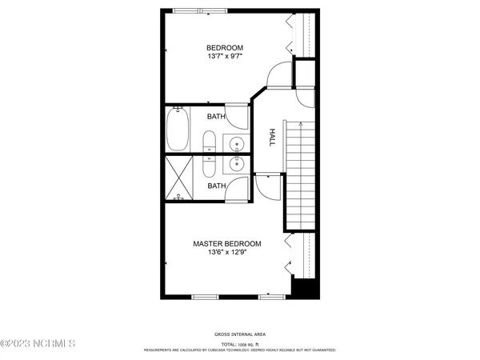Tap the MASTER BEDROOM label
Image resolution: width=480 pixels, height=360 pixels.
(227, 243)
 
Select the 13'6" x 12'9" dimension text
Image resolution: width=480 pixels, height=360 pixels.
(227, 254)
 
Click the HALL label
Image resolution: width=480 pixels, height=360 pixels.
(271, 138)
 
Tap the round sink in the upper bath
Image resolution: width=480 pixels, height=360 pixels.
(238, 144)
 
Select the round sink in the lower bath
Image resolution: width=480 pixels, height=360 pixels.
(238, 165)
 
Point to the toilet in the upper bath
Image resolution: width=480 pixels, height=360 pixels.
(209, 144)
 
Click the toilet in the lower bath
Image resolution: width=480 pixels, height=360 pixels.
(209, 166)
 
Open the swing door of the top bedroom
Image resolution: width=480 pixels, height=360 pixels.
(275, 77)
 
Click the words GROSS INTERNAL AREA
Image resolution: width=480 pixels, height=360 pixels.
(240, 334)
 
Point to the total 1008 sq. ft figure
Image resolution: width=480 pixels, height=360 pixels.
(240, 342)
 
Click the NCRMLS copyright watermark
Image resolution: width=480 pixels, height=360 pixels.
(38, 344)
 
